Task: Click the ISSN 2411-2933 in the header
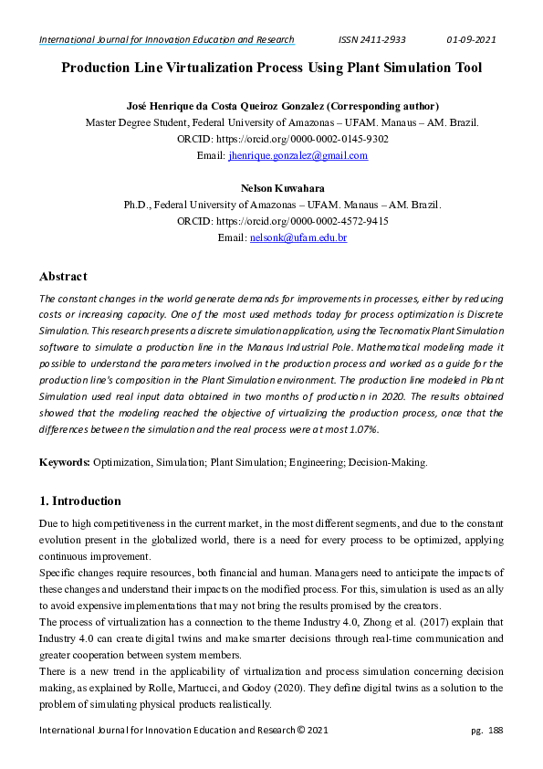pos(371,39)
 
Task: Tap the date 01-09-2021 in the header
pos(471,39)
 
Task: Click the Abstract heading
pos(63,277)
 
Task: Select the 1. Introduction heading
pos(79,500)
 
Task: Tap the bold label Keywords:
pos(64,463)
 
